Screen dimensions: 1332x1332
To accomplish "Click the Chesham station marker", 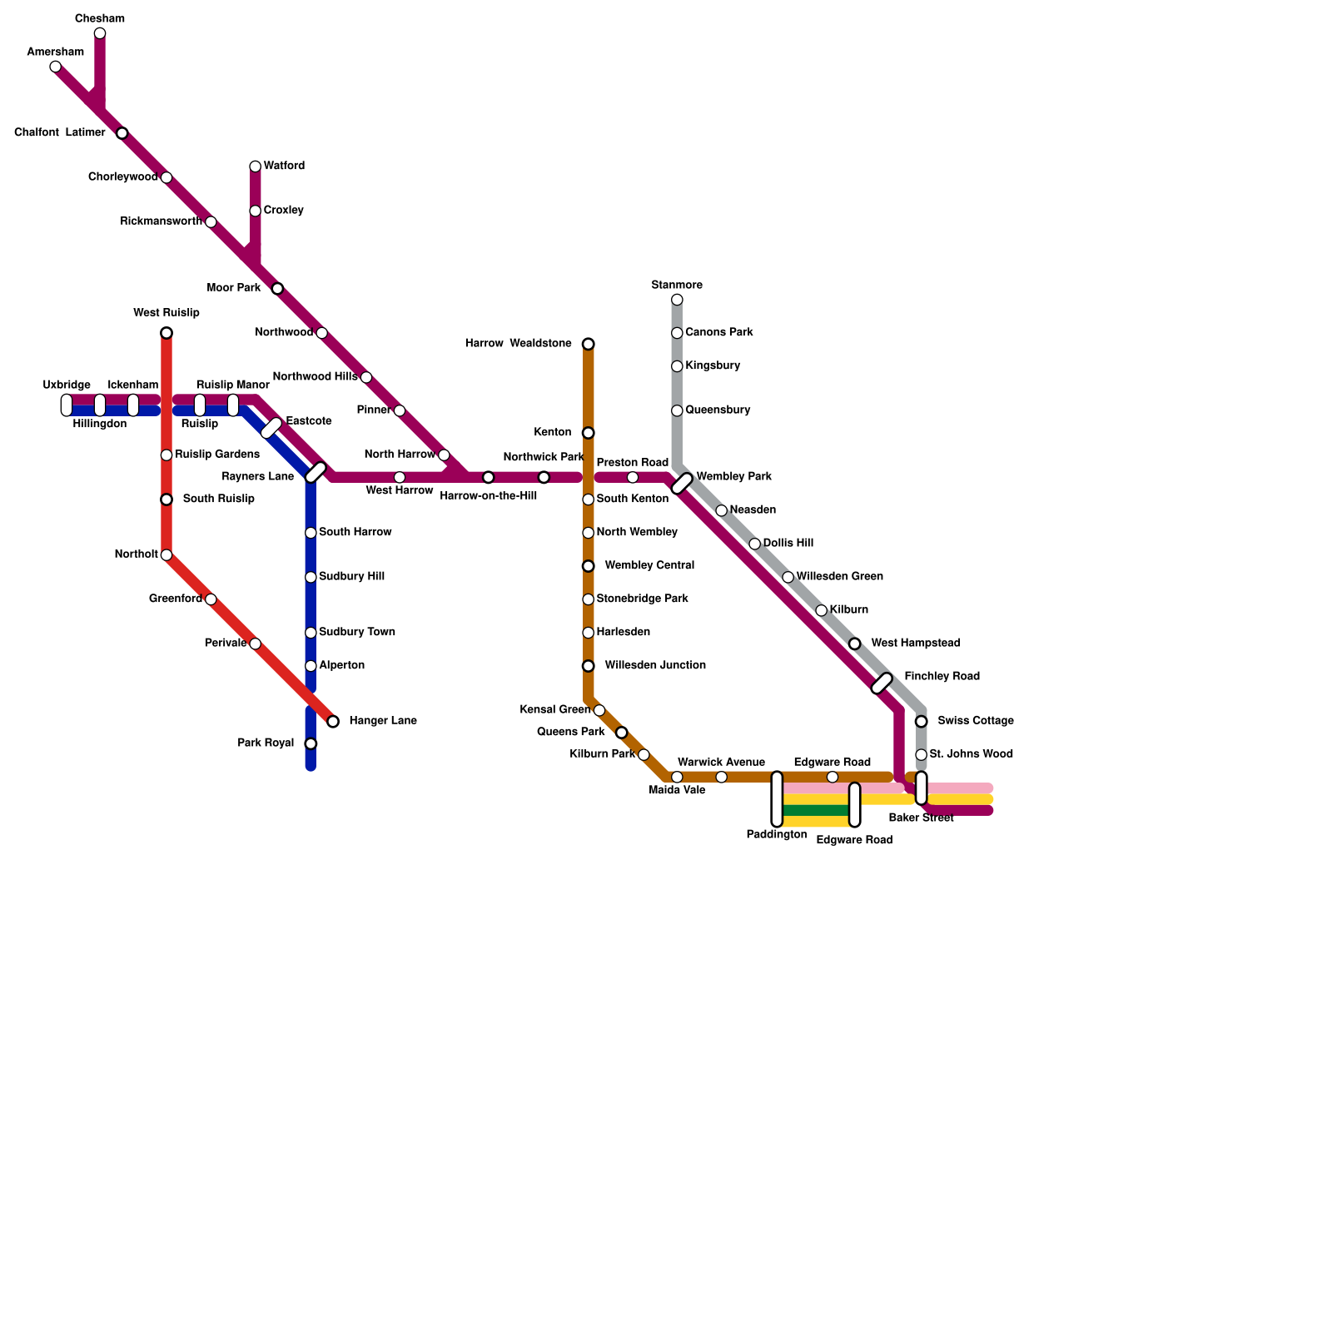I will click(x=100, y=33).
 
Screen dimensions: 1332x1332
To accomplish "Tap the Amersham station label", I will click(x=55, y=52).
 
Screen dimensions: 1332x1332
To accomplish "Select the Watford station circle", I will click(x=256, y=166).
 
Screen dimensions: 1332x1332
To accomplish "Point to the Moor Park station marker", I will click(x=277, y=289).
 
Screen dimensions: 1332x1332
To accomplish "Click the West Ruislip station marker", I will click(x=166, y=333).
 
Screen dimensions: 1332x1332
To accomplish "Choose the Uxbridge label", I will click(x=67, y=385).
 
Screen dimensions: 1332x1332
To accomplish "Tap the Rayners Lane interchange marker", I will click(x=316, y=473).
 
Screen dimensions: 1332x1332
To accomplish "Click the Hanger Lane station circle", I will click(x=333, y=722).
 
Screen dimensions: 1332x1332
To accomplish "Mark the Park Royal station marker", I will click(x=311, y=743).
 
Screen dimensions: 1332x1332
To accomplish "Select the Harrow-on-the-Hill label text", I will click(x=488, y=496).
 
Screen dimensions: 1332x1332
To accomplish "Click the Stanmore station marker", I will click(x=677, y=300).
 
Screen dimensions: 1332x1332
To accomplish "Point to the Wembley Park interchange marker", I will click(x=682, y=484).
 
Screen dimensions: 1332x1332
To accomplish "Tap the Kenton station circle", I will click(x=589, y=433).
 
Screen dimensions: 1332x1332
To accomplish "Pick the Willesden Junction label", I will click(x=655, y=666).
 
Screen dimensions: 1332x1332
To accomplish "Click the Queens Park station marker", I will click(x=621, y=733).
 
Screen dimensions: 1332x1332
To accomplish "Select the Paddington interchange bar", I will click(x=777, y=799).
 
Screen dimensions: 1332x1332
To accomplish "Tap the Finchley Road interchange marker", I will click(x=882, y=683).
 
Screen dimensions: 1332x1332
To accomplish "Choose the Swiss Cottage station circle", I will click(x=921, y=721).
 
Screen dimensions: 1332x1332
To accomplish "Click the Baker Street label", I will click(x=921, y=818).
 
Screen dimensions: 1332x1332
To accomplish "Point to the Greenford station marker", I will click(x=211, y=599).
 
